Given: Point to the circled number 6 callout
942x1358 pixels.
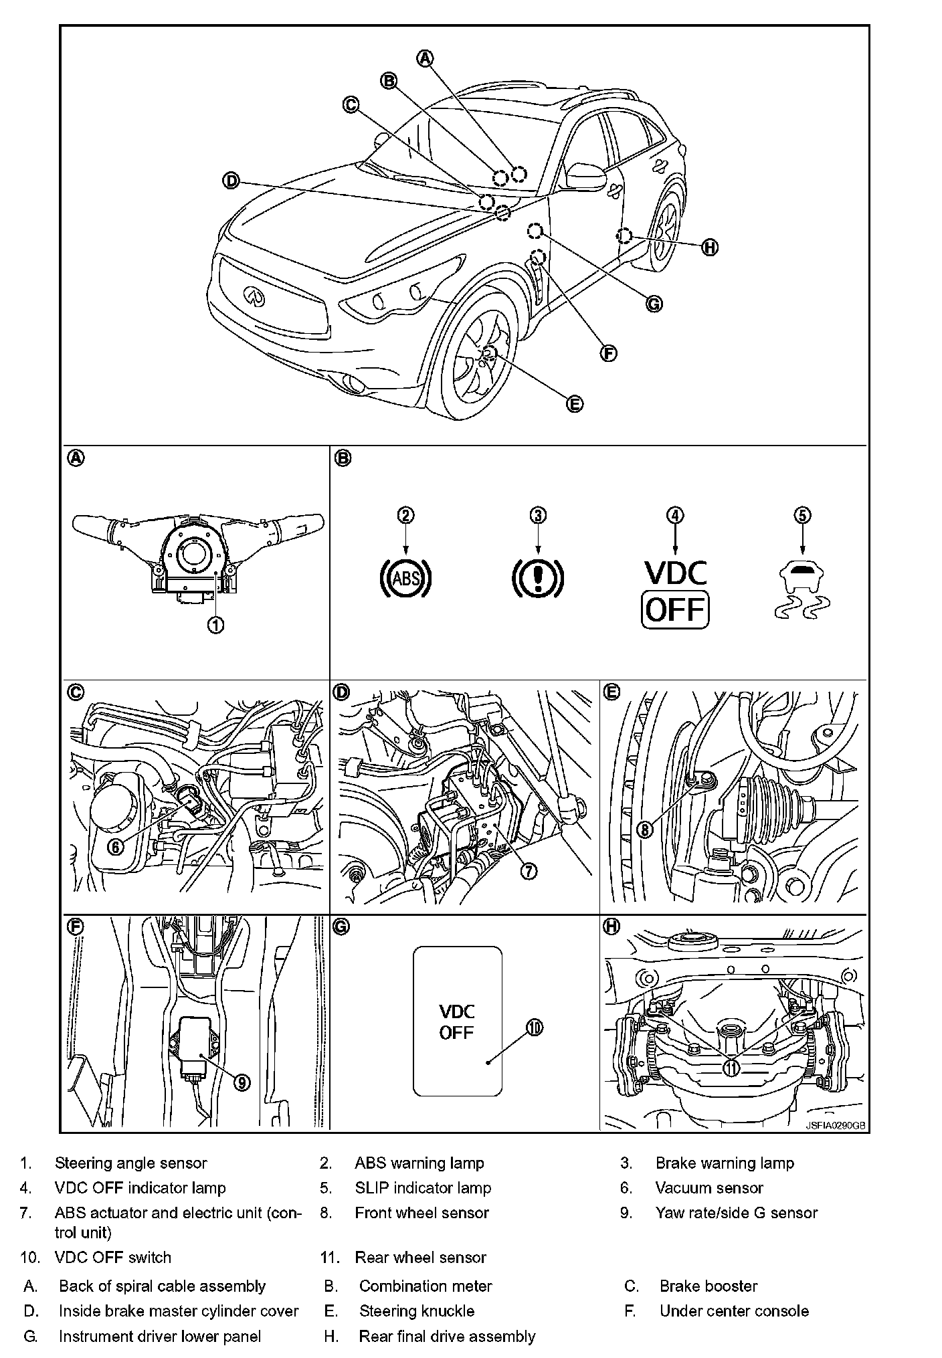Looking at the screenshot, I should [116, 846].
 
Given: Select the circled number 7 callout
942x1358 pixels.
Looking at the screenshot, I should [528, 870].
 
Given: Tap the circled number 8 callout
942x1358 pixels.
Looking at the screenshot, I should [644, 830].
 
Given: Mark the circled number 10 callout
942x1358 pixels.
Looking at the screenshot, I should [534, 1028].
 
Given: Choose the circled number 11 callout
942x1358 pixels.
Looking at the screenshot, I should [732, 1068].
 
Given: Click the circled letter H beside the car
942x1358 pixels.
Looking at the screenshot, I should [710, 248].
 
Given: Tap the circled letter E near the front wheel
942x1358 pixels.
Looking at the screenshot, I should [574, 403].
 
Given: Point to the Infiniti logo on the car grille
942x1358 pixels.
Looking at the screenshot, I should [253, 294].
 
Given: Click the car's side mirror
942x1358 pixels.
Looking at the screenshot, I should [585, 177].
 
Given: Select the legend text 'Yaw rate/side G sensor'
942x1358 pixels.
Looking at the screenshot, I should [736, 1213].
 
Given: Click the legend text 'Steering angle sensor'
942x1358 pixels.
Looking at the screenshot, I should [131, 1163].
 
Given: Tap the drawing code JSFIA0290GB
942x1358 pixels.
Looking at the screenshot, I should [835, 1125].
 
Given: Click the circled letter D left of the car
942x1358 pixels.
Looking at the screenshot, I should [230, 181].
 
